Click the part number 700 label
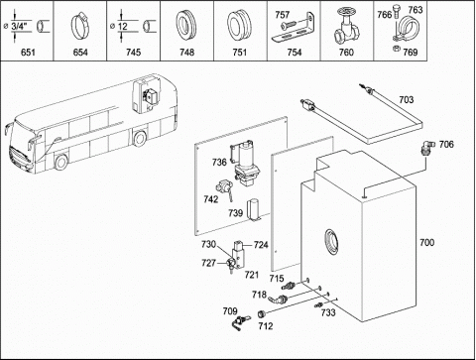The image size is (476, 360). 426,242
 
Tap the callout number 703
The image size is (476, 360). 407,99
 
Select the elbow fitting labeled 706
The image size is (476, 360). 428,148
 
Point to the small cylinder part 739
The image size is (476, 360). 254,209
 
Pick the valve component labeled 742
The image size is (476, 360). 225,189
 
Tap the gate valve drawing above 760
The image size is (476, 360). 346,27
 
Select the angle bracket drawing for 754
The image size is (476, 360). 293,29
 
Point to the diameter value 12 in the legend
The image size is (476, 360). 123,26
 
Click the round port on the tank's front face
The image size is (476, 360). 331,241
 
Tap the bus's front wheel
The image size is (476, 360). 61,163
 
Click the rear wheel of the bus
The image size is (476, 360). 140,139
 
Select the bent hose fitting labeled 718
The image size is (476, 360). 278,300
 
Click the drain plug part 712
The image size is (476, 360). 262,313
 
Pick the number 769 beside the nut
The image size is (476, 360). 411,53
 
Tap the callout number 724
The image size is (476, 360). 261,245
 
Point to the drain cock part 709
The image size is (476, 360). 241,321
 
